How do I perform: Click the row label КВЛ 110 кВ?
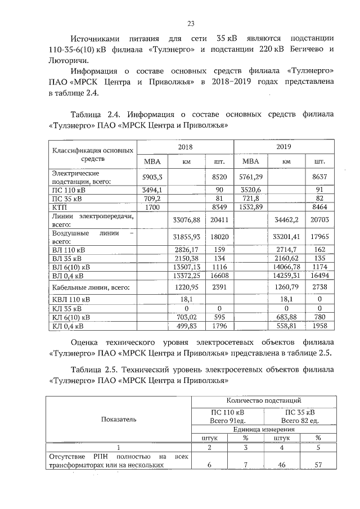[x=70, y=300]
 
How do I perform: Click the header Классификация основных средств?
[x=93, y=155]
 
